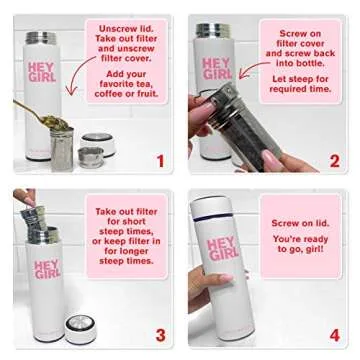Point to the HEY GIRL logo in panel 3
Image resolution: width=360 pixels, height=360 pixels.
tap(47, 270)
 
